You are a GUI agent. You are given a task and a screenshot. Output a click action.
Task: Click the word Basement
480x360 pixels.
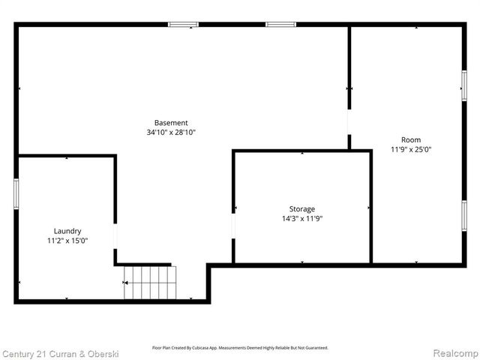(x=171, y=123)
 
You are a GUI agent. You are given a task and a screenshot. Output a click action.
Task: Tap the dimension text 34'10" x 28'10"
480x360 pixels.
(x=171, y=133)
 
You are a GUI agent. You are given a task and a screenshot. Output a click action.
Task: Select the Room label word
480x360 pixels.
(x=411, y=139)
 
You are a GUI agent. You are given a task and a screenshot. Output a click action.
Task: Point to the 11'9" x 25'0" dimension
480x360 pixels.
(x=411, y=149)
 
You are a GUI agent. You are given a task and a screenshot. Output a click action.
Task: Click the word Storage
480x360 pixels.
(x=302, y=208)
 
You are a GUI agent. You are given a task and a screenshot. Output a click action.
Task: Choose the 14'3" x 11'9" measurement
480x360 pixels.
(x=302, y=219)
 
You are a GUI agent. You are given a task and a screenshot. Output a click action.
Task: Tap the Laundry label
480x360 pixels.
(x=67, y=231)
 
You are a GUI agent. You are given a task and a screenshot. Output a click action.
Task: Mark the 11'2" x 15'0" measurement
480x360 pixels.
(x=67, y=241)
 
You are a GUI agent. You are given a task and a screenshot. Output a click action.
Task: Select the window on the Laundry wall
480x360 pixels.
(x=16, y=193)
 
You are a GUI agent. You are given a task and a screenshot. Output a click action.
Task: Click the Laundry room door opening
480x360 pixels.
(x=115, y=236)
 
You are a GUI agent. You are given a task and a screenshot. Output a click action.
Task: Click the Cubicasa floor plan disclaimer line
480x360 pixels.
(x=240, y=348)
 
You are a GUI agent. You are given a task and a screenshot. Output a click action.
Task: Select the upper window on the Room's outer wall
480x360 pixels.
(x=464, y=84)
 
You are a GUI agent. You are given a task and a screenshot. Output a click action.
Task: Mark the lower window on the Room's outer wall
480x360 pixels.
(x=464, y=214)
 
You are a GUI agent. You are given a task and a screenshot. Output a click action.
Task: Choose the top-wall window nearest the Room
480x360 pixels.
(x=281, y=25)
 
